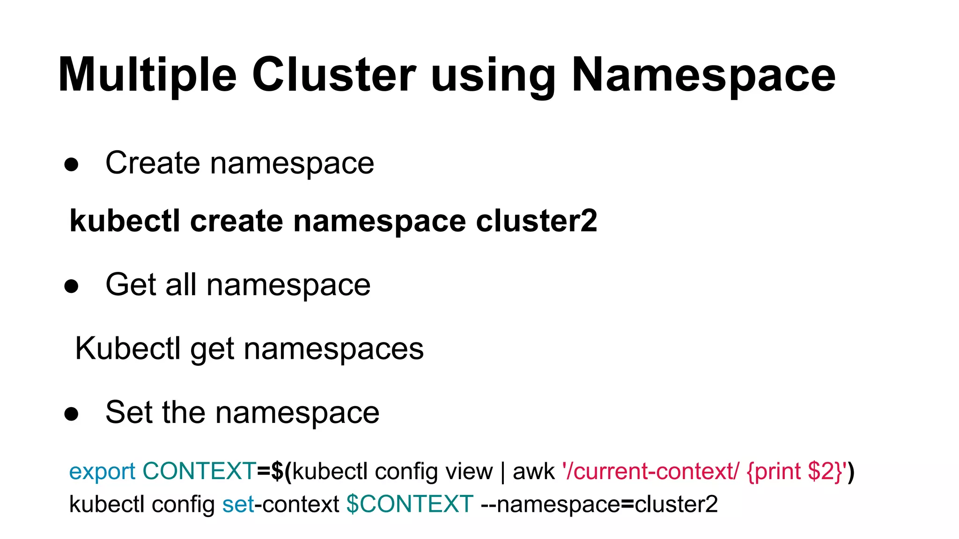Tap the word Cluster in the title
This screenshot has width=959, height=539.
pos(334,75)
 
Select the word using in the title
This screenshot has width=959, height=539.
pos(494,77)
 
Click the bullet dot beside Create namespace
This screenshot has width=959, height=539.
pos(72,165)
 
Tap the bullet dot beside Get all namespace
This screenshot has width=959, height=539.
pos(72,286)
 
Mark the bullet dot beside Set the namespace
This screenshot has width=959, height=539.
pos(72,414)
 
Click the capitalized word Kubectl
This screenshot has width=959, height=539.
pos(128,349)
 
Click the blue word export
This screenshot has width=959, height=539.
pos(102,471)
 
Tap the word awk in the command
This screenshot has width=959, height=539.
pos(533,471)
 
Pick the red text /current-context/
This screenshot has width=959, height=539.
pos(652,471)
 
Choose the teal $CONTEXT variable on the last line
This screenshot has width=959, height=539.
pos(410,504)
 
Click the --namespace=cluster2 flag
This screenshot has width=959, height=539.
pos(599,504)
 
